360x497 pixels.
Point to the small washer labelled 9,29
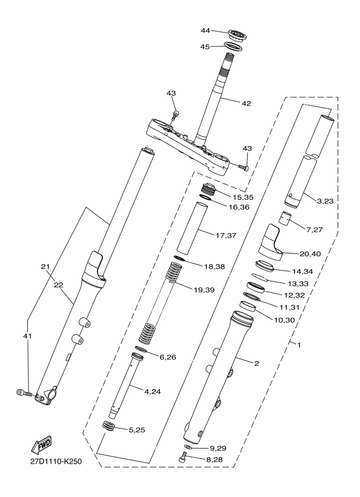pos(187,447)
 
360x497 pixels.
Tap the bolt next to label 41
pos(24,392)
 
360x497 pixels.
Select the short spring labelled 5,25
pos(109,426)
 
